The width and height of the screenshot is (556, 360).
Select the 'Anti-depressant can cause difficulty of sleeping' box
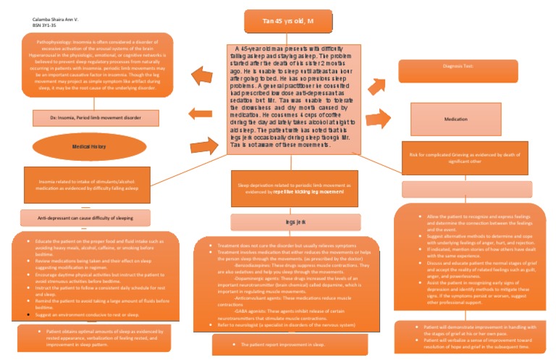85,217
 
